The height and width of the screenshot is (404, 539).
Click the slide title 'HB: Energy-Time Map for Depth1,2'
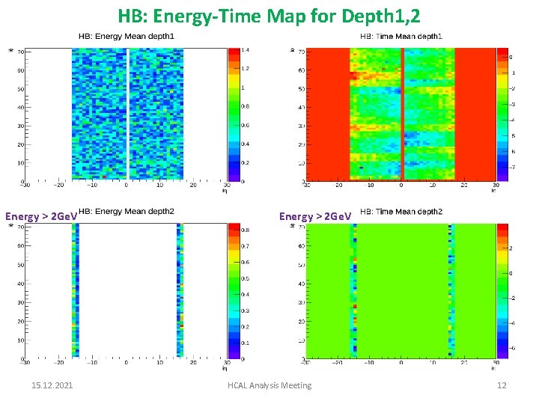click(x=269, y=14)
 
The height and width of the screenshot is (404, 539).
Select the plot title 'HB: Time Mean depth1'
click(x=401, y=36)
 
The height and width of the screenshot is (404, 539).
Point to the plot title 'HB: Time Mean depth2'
click(x=401, y=212)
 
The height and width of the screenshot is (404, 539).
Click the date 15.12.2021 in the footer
click(x=52, y=385)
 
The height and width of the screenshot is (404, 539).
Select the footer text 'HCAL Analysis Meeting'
click(x=269, y=385)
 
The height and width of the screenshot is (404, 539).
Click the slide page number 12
click(x=502, y=385)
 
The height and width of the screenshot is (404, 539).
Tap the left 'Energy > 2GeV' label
click(x=40, y=217)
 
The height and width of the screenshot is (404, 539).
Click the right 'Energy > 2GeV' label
click(x=314, y=217)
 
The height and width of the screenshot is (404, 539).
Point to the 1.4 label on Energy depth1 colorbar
click(x=245, y=49)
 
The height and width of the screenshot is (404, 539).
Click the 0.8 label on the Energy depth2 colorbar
click(x=245, y=230)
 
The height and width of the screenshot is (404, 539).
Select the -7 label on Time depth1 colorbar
click(x=511, y=168)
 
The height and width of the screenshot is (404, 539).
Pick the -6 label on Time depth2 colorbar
click(x=511, y=349)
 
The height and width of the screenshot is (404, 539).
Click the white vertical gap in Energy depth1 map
click(x=127, y=112)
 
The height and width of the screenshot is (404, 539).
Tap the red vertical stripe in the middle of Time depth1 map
click(x=402, y=112)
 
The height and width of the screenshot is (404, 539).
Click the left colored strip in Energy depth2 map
click(x=76, y=292)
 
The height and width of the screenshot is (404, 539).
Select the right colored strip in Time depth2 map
click(x=451, y=292)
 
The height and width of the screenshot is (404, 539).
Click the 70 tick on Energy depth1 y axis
click(x=21, y=52)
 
